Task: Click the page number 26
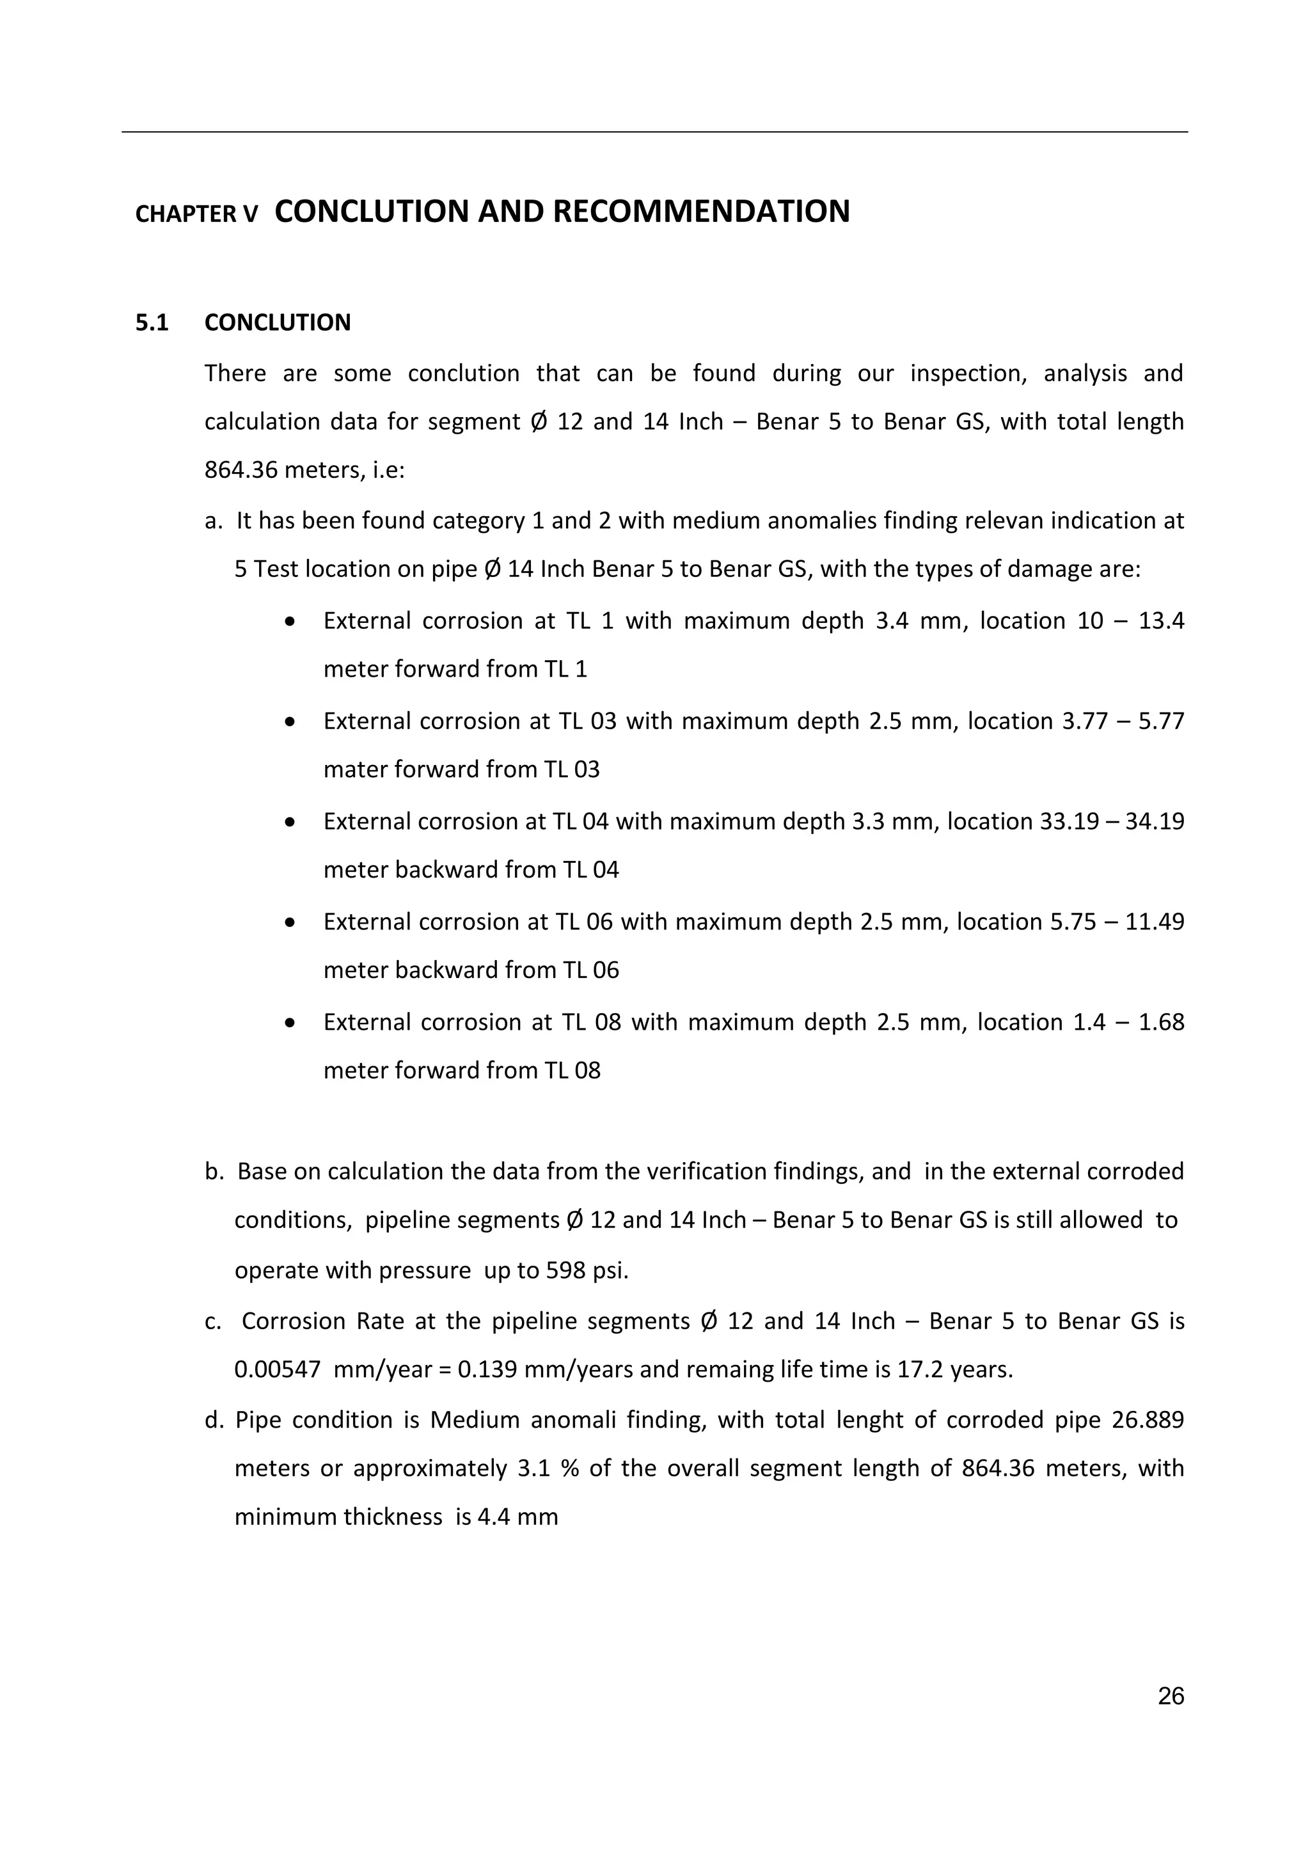coord(1171,1696)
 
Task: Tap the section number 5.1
coord(152,323)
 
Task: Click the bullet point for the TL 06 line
coord(290,922)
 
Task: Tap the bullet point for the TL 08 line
coord(290,1023)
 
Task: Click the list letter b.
coord(213,1172)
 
